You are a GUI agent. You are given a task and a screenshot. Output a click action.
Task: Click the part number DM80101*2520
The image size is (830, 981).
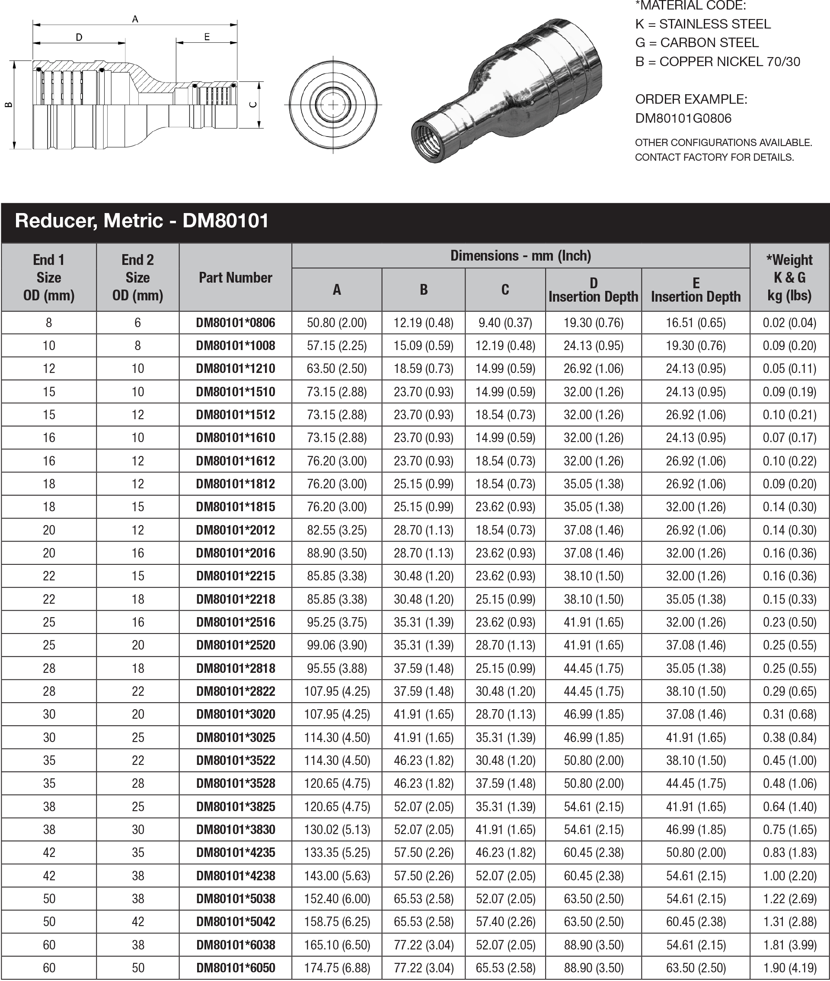click(x=235, y=645)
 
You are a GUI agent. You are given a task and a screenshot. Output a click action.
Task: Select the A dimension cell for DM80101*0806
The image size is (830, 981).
click(x=336, y=323)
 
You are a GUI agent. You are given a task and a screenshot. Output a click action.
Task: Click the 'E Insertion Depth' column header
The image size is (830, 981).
click(x=695, y=290)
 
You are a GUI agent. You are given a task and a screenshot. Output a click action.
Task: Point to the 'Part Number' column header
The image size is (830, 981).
click(x=235, y=277)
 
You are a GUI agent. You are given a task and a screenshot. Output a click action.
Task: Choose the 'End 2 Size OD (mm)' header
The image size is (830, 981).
click(x=137, y=277)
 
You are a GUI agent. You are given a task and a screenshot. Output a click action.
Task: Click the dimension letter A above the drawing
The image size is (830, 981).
click(x=135, y=19)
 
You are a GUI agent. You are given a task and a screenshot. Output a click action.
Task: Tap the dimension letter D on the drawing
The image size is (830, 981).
click(x=79, y=37)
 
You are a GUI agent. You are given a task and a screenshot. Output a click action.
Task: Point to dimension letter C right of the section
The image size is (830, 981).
click(x=253, y=105)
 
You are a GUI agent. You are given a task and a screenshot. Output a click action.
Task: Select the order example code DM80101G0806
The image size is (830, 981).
click(x=683, y=118)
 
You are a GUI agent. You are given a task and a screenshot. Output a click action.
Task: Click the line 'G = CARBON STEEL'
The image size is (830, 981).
click(x=696, y=43)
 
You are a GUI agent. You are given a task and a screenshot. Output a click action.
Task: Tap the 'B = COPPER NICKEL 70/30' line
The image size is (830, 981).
click(x=717, y=62)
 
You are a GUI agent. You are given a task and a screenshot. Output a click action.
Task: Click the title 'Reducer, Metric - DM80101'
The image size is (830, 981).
click(x=142, y=220)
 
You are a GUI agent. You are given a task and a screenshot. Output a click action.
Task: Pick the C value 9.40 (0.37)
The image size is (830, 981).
click(x=505, y=323)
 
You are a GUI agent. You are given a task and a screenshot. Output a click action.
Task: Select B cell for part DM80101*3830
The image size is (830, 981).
click(x=424, y=829)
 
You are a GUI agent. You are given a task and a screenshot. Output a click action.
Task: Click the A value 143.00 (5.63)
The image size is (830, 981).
click(x=336, y=875)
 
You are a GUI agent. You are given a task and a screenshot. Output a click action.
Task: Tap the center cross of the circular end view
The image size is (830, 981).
click(x=333, y=105)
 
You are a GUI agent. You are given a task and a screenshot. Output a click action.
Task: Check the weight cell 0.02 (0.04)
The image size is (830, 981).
click(x=789, y=323)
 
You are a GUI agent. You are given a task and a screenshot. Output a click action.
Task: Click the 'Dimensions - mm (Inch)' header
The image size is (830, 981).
click(x=520, y=255)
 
